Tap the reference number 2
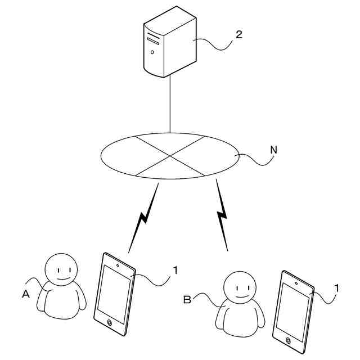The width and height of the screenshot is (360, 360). (x=238, y=35)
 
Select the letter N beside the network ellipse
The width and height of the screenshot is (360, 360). (x=273, y=150)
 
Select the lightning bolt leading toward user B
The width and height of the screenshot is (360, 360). (x=222, y=214)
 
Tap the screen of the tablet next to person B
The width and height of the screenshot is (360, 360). (x=292, y=310)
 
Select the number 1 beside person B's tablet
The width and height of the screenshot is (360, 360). (x=336, y=287)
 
